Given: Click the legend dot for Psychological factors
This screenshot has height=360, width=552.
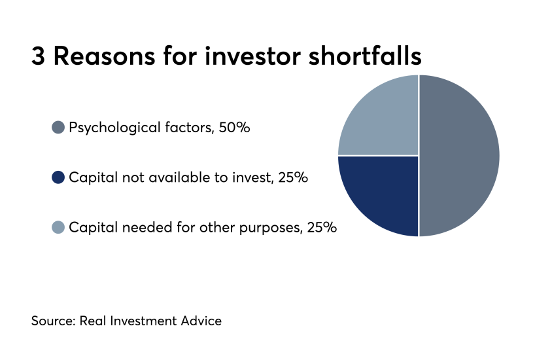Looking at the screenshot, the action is click(x=58, y=127).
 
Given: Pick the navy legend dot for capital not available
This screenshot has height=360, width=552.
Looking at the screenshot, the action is click(x=58, y=177).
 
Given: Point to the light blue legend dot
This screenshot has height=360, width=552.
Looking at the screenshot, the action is click(x=58, y=227).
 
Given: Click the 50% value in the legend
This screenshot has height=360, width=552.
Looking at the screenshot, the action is click(x=234, y=127).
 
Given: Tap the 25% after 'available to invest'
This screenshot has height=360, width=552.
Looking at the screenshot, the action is click(x=293, y=177).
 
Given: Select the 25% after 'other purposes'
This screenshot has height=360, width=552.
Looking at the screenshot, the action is click(x=322, y=227).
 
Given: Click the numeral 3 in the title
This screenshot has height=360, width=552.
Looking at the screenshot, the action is click(x=38, y=56).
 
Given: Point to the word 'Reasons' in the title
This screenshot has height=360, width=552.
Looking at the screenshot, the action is click(x=104, y=56).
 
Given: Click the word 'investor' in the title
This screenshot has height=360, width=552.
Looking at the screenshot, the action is click(x=252, y=56).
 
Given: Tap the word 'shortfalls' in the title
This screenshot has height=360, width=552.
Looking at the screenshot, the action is click(x=365, y=56).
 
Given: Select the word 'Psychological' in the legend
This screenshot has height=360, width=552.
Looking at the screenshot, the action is click(x=114, y=128).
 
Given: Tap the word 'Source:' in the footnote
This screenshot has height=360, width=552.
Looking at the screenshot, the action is click(x=54, y=321).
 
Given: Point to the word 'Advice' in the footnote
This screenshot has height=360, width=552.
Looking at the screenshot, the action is click(x=201, y=321).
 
